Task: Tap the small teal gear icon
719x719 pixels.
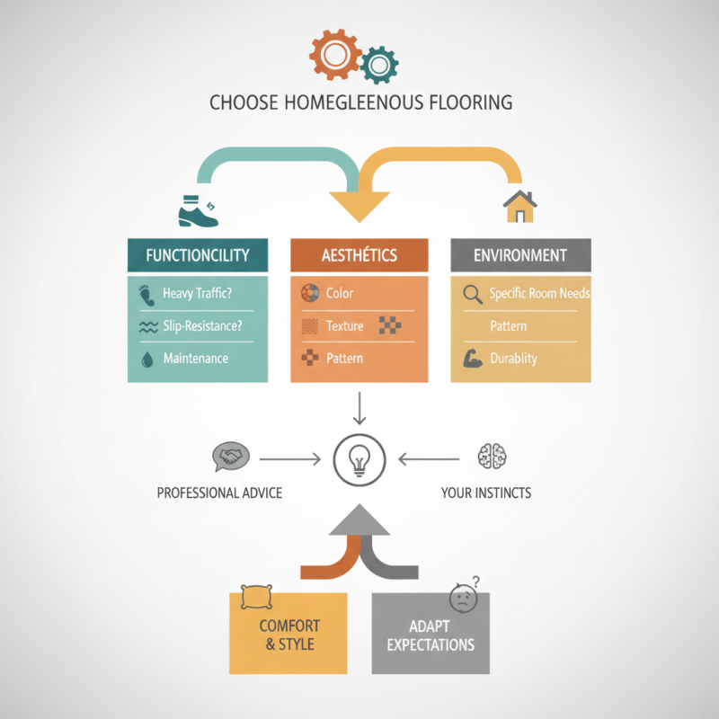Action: pos(378,63)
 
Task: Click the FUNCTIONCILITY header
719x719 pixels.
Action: pos(198,255)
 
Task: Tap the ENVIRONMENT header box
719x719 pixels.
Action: pos(520,255)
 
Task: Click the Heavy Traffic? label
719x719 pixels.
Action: pos(196,294)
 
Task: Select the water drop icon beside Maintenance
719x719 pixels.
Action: pos(147,359)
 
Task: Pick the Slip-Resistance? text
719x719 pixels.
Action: pos(202,326)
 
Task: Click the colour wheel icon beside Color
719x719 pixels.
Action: pos(309,294)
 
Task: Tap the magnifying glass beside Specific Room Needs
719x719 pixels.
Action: pos(472,294)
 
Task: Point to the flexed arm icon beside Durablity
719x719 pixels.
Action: pos(472,359)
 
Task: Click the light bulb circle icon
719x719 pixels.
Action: pos(359,459)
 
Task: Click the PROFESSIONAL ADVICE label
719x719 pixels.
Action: pos(219,493)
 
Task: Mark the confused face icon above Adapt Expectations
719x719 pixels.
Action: pos(462,599)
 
